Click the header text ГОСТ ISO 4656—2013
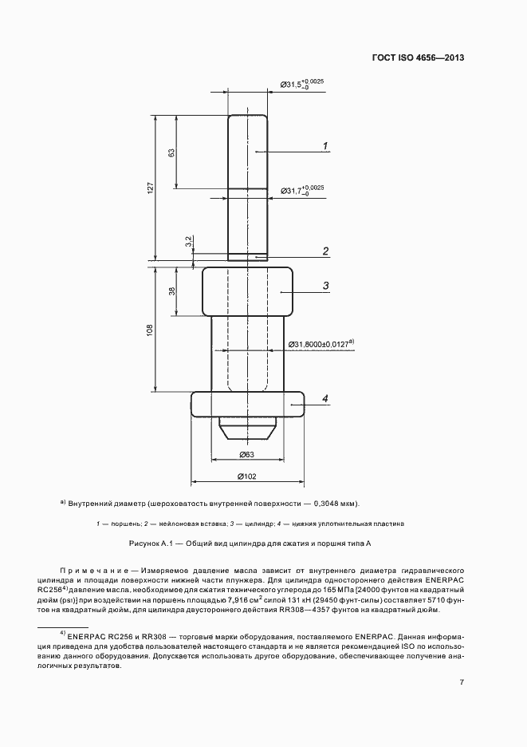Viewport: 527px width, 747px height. tap(418, 58)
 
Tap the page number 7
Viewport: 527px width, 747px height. tap(462, 682)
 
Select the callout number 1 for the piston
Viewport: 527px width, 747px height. tap(326, 145)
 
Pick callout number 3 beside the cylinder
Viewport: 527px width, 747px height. tap(326, 286)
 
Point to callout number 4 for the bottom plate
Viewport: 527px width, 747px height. tap(325, 398)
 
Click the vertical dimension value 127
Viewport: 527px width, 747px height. tap(149, 187)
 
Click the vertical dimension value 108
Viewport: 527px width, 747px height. tap(149, 330)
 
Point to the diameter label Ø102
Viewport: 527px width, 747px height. tap(246, 476)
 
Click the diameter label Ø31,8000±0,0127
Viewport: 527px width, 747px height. tap(317, 344)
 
